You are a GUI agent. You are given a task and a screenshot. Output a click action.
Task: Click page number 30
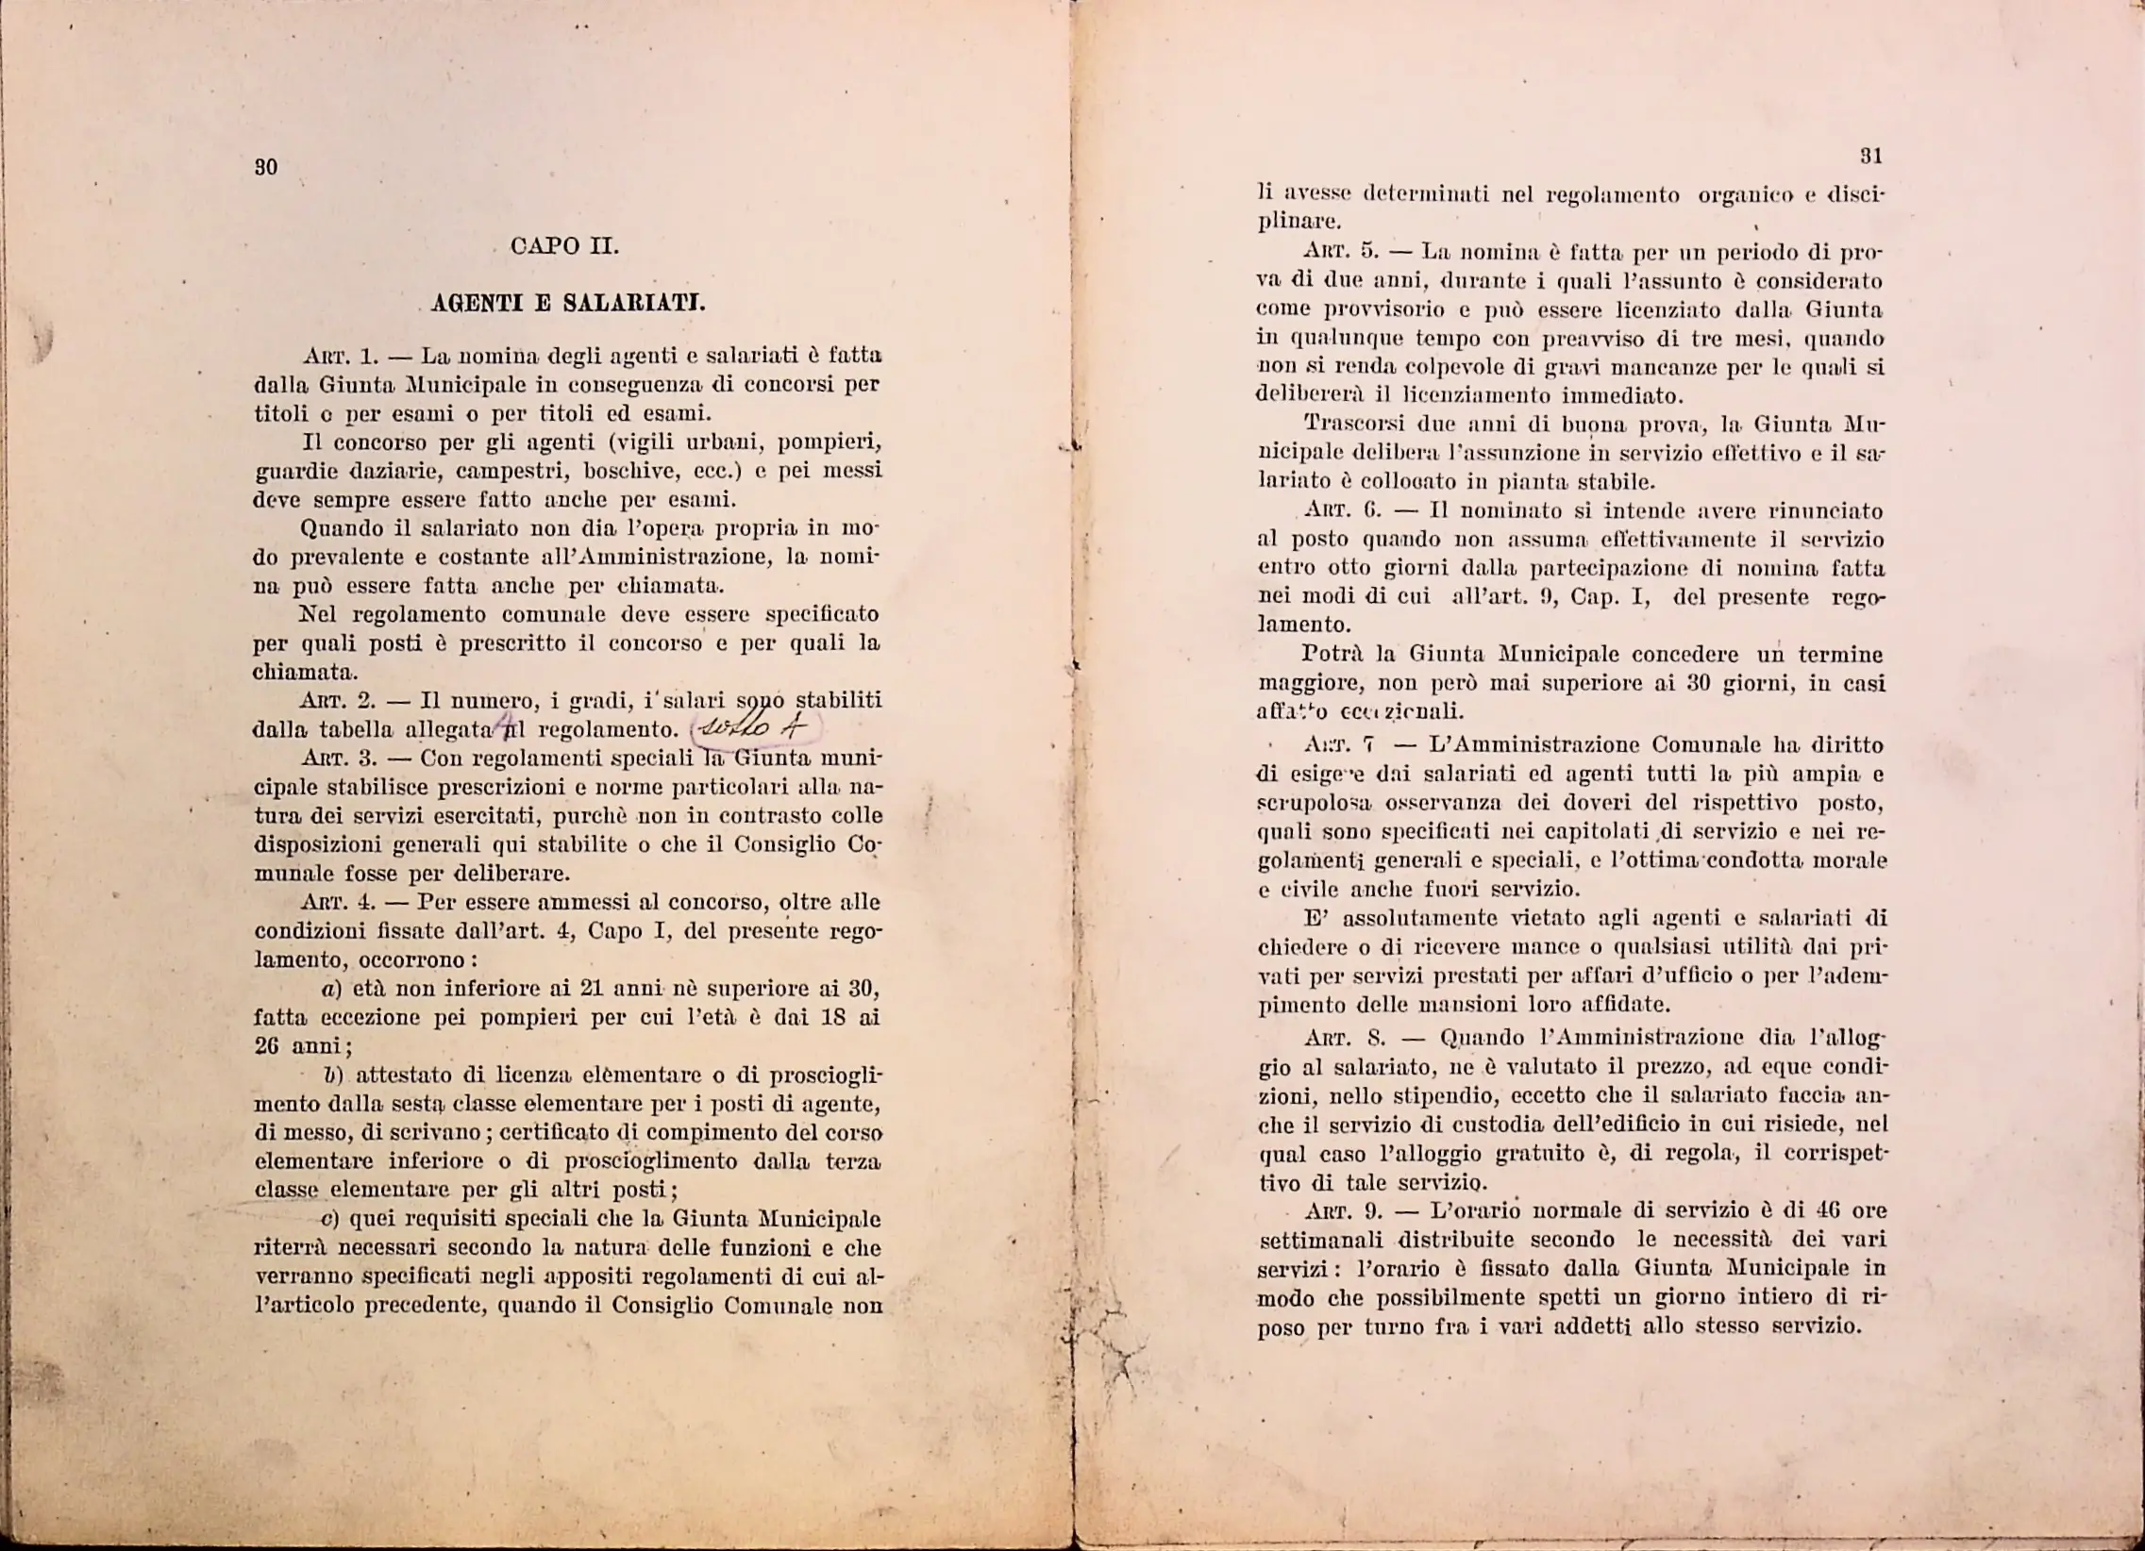click(x=266, y=167)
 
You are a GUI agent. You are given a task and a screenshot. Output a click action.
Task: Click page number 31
click(x=1870, y=156)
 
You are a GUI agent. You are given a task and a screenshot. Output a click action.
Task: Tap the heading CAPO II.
click(x=564, y=247)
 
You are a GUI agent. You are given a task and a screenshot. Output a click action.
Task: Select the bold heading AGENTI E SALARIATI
click(x=567, y=304)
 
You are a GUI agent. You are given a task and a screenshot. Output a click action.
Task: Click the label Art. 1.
click(x=342, y=358)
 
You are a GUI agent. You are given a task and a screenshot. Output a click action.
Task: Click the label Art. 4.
click(x=338, y=902)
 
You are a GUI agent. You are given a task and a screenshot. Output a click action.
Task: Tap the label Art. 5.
click(x=1340, y=254)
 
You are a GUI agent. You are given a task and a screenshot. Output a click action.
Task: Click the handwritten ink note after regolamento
click(x=757, y=728)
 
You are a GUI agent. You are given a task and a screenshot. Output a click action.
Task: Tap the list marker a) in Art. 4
click(x=330, y=991)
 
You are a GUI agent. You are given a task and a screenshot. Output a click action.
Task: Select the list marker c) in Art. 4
click(x=331, y=1219)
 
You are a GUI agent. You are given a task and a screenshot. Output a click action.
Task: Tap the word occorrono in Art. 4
click(x=412, y=960)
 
